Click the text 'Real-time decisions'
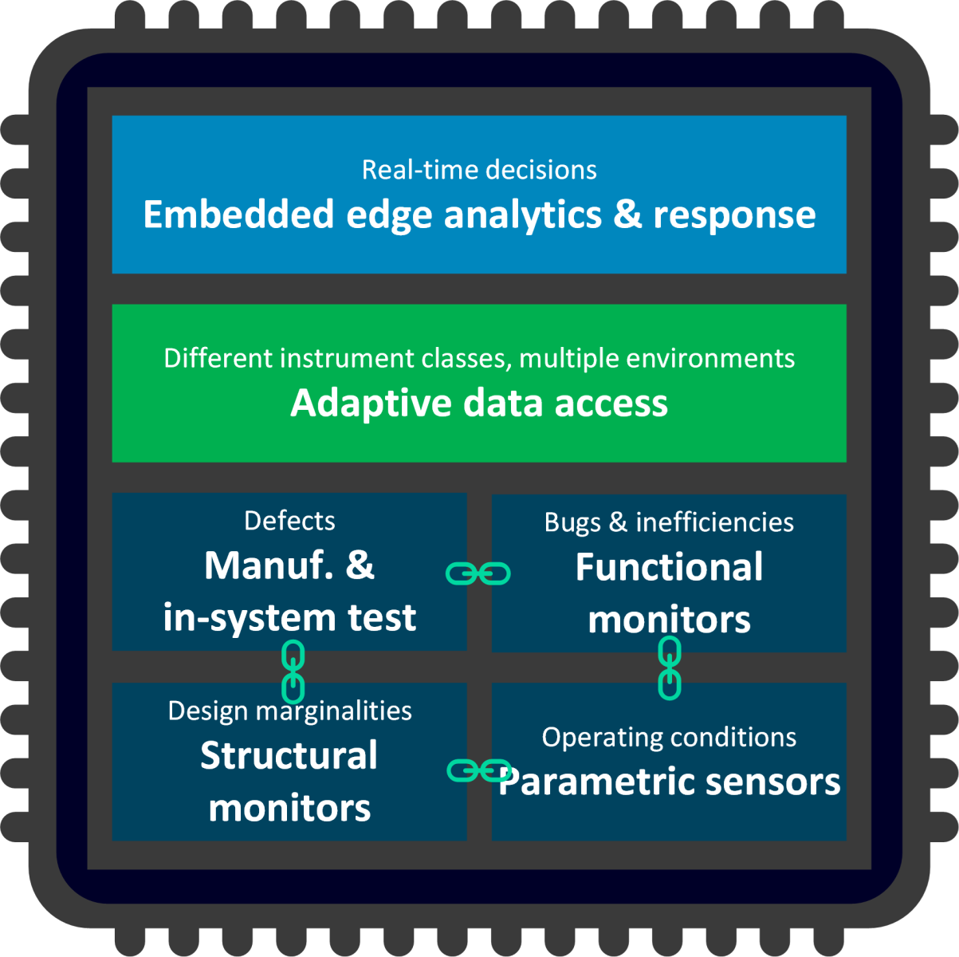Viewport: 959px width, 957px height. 479,170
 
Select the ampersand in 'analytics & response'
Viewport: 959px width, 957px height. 627,215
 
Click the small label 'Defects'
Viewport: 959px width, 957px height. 289,521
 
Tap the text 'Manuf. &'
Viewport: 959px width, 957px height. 289,565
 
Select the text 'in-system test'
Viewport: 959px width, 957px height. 289,617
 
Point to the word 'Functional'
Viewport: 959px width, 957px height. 669,568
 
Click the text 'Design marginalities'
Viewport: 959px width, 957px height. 289,711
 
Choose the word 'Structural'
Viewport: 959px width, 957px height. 289,756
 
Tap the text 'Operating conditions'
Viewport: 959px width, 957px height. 669,738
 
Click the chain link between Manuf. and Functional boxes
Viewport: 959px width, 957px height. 478,573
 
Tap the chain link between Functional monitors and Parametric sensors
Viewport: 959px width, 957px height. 670,668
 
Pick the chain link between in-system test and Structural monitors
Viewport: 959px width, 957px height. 293,671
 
